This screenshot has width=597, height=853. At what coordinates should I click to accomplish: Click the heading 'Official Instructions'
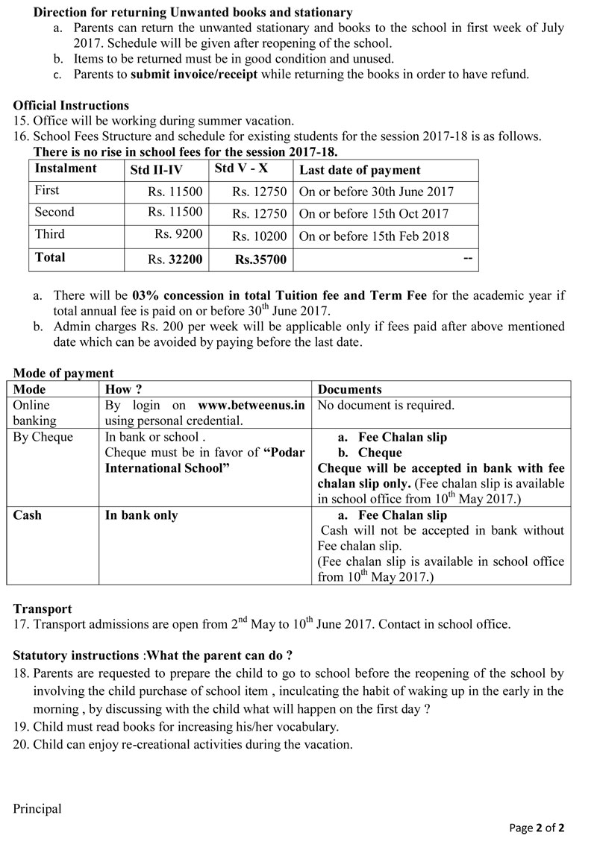click(x=71, y=105)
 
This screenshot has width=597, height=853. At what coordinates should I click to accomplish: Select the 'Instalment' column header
click(x=66, y=169)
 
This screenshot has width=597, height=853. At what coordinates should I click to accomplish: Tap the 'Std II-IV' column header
click(x=154, y=170)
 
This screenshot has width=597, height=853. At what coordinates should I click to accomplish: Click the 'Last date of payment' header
click(x=360, y=170)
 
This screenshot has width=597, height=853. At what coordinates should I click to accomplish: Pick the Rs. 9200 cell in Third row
click(x=178, y=234)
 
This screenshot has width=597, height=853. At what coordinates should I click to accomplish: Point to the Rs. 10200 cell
click(x=259, y=236)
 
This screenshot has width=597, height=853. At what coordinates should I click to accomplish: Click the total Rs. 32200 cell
click(x=175, y=259)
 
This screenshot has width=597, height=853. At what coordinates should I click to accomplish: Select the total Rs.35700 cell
click(x=260, y=260)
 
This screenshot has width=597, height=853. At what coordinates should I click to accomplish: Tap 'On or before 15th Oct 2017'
click(x=374, y=214)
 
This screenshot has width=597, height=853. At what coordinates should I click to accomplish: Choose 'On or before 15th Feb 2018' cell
click(x=374, y=236)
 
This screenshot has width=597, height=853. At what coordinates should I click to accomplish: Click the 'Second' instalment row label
click(x=54, y=213)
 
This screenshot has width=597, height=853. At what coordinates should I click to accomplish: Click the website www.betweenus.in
click(x=251, y=406)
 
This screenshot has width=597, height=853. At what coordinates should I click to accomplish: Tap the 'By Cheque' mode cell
click(x=43, y=437)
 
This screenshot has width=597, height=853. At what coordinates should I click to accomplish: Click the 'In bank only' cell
click(x=142, y=515)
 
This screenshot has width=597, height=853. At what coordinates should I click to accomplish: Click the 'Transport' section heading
click(x=43, y=609)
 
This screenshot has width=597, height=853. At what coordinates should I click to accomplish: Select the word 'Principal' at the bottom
click(x=37, y=808)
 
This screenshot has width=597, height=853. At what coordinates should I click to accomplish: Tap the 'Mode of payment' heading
click(x=63, y=374)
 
